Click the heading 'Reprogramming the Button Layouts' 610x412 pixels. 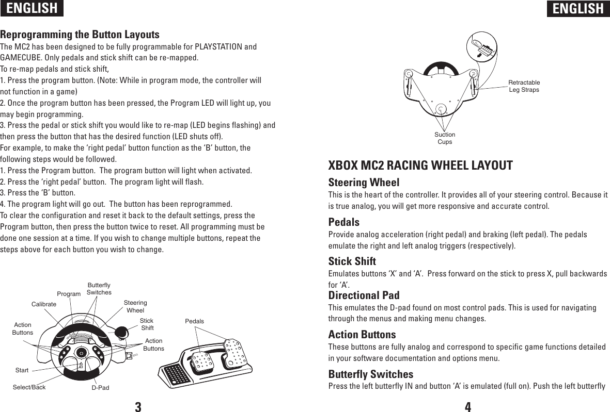(x=80, y=35)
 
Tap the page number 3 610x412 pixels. (x=138, y=406)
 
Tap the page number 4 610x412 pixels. (x=467, y=406)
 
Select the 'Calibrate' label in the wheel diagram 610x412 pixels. (x=43, y=305)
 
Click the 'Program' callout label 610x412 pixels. (x=69, y=294)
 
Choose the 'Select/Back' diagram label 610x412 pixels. (x=29, y=387)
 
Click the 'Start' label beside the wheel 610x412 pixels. (x=22, y=370)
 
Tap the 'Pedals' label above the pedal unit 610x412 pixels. (x=194, y=321)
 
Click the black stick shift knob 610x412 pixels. (x=121, y=333)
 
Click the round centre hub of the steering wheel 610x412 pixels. (x=81, y=352)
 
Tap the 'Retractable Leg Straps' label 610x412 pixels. (x=524, y=86)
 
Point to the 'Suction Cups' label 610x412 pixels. (x=445, y=138)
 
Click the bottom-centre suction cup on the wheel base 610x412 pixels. (x=441, y=109)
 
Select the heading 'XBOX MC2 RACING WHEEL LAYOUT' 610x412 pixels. (x=420, y=166)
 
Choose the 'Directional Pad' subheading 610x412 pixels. (x=364, y=295)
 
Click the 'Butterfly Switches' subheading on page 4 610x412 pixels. (x=371, y=374)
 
